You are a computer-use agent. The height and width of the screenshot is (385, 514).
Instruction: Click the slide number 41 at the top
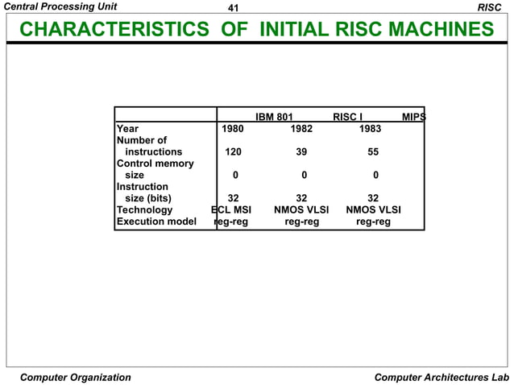point(234,7)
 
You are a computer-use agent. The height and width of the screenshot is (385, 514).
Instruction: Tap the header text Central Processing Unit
point(60,7)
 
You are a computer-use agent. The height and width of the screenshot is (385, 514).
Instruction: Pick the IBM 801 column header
point(274,117)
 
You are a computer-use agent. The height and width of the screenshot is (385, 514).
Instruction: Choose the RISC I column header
point(348,117)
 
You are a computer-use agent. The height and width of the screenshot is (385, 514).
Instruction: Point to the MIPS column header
point(413,117)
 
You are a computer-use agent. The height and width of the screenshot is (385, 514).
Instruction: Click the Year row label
point(127,128)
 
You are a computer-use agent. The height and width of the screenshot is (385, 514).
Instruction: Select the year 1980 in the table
point(234,128)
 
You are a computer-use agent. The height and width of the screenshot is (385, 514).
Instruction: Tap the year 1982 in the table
point(301,128)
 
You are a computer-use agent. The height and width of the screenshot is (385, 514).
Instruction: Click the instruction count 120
point(234,151)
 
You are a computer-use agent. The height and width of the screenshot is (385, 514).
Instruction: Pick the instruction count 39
point(301,151)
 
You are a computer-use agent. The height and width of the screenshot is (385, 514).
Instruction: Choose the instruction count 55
point(373,151)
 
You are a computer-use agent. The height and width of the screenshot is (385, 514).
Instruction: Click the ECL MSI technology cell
point(231,210)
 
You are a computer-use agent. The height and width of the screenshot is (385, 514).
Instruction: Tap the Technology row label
point(145,210)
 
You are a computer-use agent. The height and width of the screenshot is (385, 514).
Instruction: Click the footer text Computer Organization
point(76,377)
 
